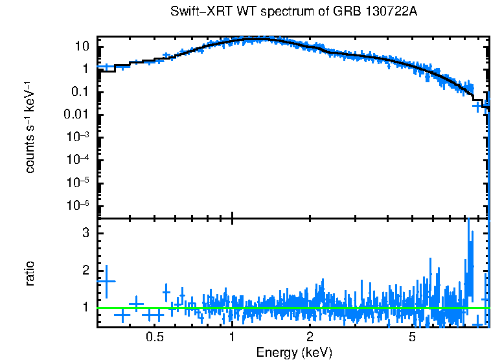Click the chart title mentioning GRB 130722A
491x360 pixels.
293,12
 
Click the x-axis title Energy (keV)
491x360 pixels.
293,352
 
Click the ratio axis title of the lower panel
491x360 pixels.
30,273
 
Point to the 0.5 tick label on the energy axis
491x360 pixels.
154,337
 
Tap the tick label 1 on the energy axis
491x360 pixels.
232,337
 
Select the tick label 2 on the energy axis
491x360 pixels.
310,337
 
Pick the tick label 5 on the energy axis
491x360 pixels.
413,337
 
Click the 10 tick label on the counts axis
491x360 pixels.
82,47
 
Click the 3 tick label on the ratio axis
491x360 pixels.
85,232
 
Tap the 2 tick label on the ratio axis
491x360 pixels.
85,270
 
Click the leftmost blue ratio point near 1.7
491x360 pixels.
106,281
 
